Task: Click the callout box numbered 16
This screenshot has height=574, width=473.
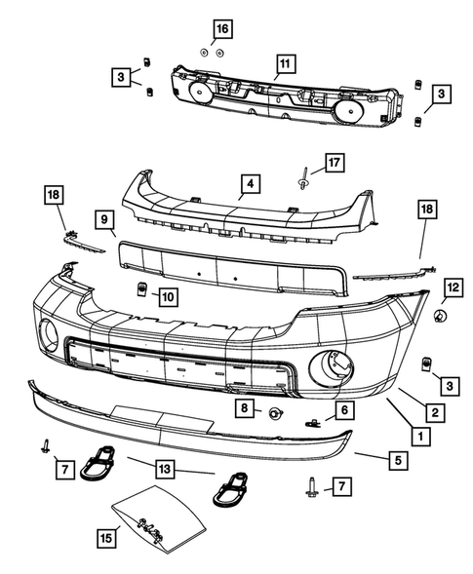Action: pos(221,27)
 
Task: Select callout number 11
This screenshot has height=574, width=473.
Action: pos(283,66)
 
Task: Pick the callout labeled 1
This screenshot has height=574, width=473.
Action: pos(420,438)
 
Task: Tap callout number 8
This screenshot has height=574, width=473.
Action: pos(247,408)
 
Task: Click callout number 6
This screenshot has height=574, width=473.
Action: pos(344,409)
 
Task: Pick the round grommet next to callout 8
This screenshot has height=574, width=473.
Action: pos(274,412)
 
